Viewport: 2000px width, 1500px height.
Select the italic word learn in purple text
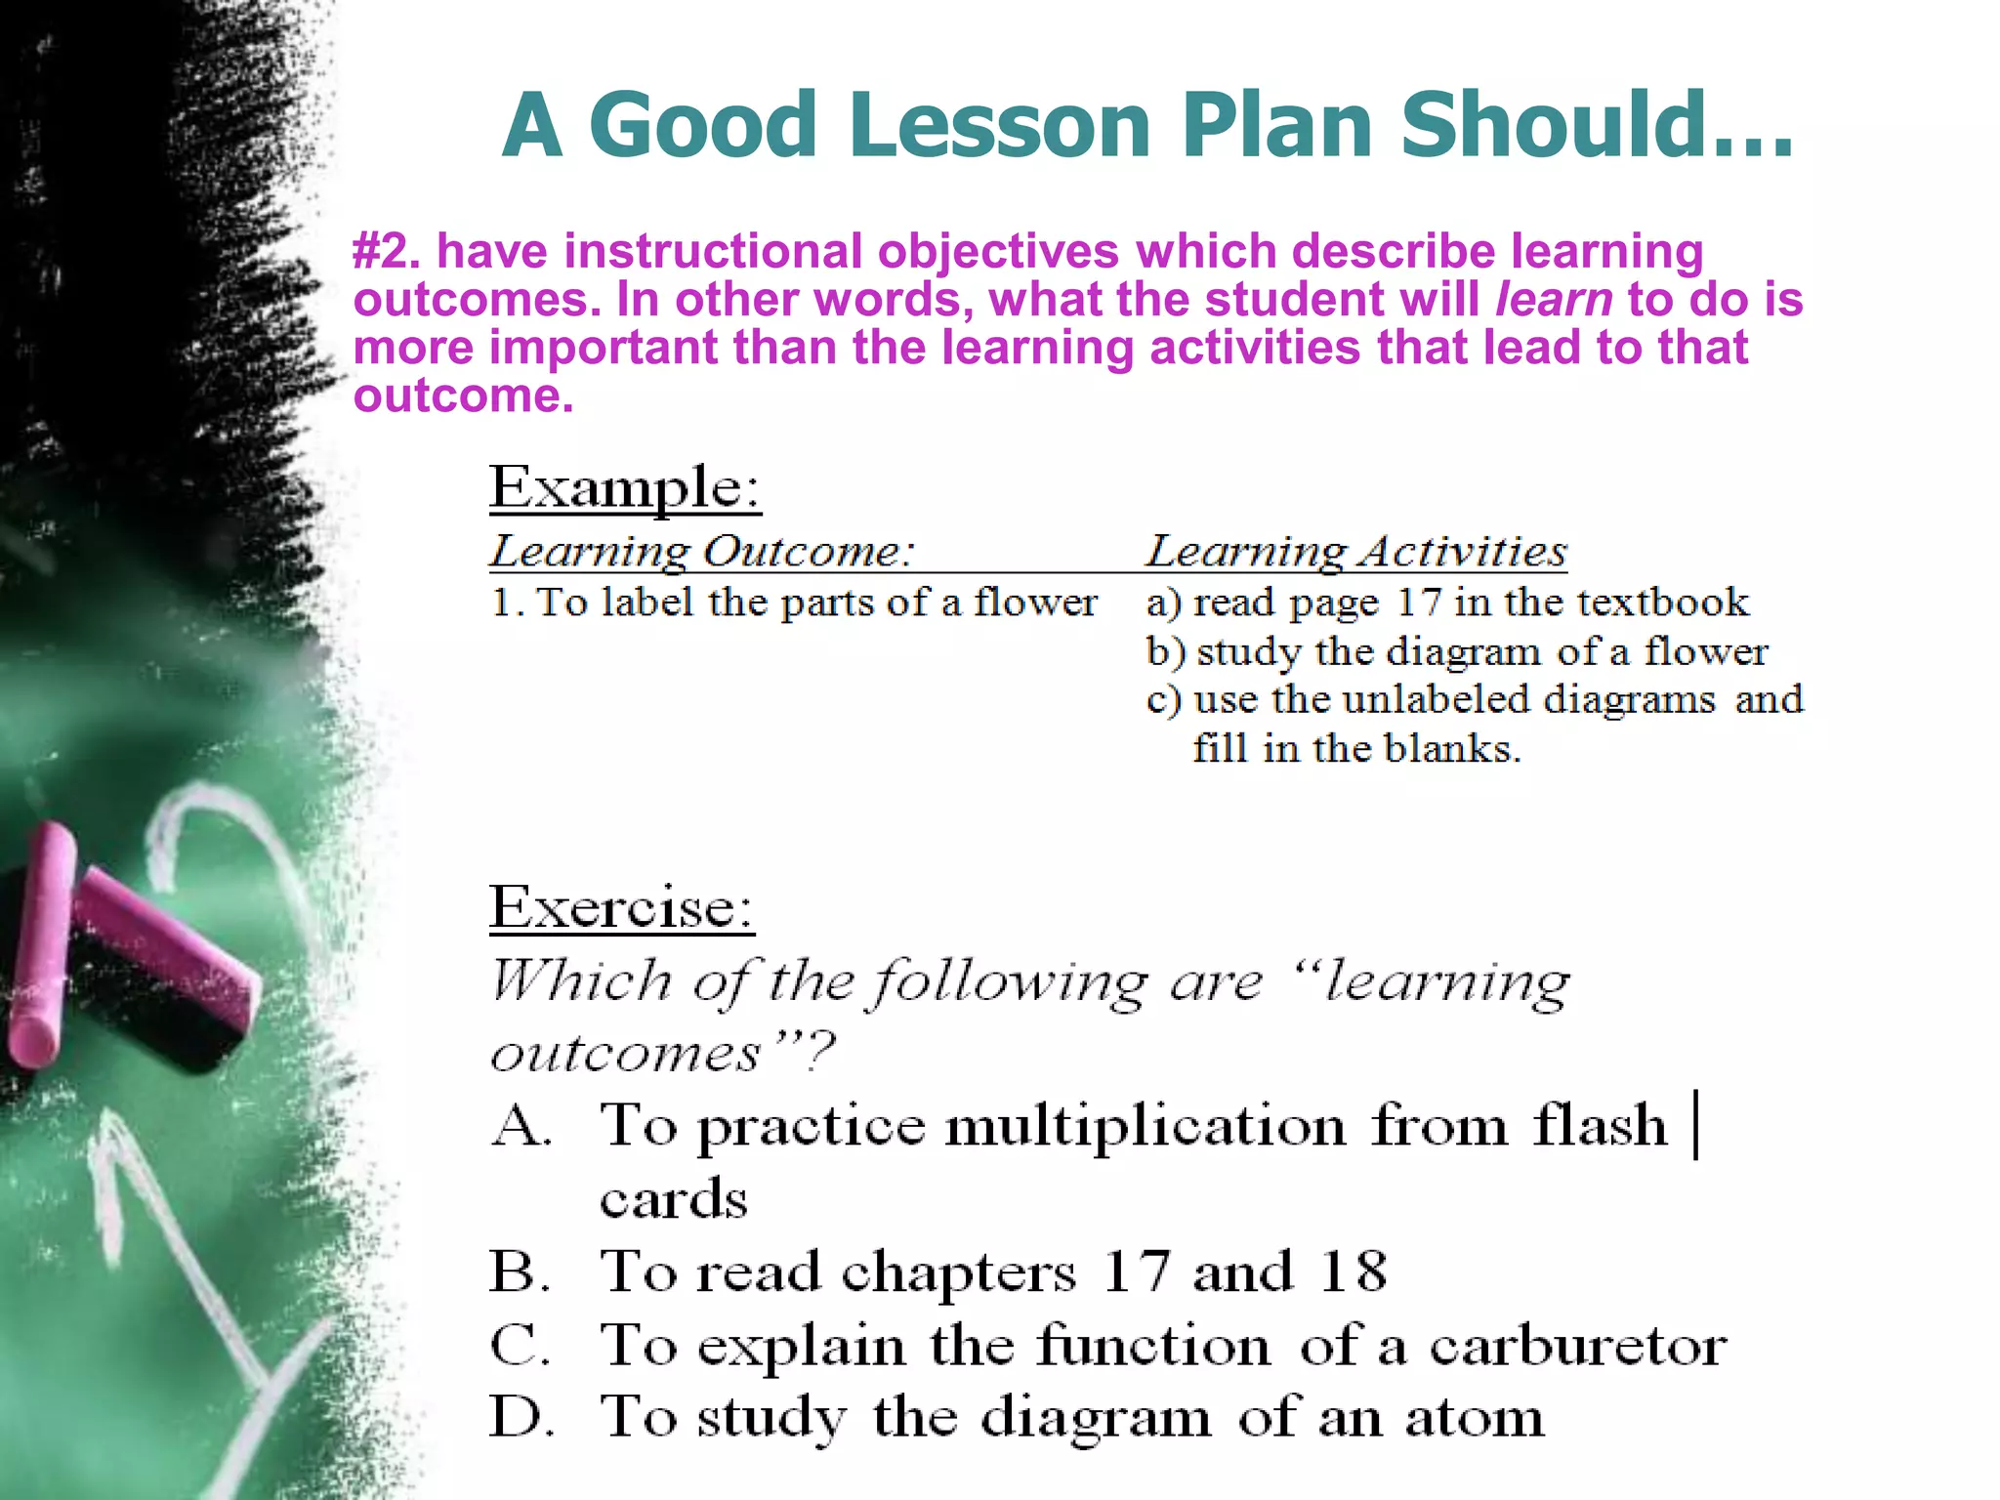coord(1554,299)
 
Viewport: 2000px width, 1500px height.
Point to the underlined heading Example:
coord(625,487)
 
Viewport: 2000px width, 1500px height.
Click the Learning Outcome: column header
coord(701,552)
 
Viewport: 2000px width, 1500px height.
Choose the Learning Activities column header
coord(1355,552)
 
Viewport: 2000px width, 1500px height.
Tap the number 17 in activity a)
coord(1418,602)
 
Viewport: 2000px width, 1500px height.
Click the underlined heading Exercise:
coord(621,907)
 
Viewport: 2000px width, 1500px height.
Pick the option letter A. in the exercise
coord(521,1126)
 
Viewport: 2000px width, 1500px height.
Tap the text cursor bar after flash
coord(1697,1125)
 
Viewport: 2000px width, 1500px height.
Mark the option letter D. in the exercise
coord(521,1418)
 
